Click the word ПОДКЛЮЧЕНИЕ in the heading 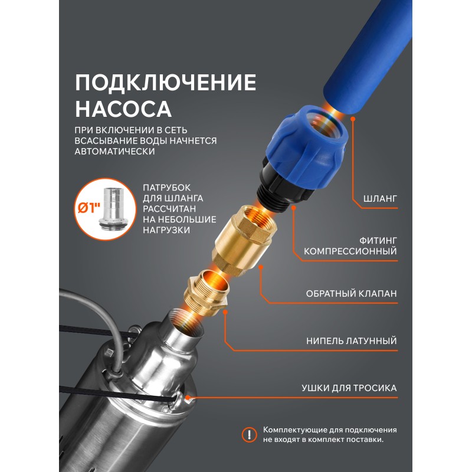click(x=166, y=82)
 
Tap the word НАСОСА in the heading click(x=123, y=109)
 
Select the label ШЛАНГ click(x=380, y=199)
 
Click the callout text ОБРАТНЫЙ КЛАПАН click(x=351, y=293)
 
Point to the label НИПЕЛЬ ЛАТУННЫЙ click(x=352, y=341)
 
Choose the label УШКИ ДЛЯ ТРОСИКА click(x=349, y=388)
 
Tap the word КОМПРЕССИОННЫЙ click(x=350, y=251)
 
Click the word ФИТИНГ click(x=378, y=241)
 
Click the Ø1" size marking click(x=89, y=208)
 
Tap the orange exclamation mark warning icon click(x=249, y=435)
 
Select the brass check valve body click(x=244, y=240)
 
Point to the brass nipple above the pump click(x=205, y=293)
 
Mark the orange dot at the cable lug click(x=188, y=398)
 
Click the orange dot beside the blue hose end click(x=353, y=119)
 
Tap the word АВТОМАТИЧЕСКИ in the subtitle click(x=114, y=151)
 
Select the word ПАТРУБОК click(x=167, y=188)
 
